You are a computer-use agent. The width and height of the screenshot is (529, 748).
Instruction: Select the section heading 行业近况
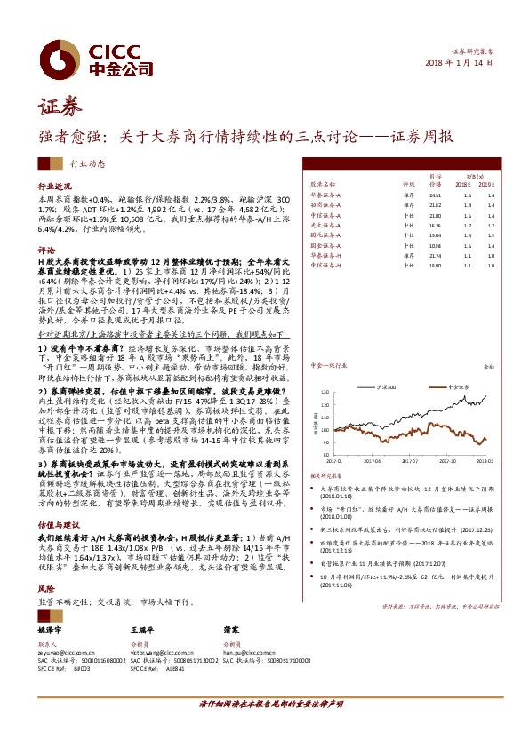pos(53,189)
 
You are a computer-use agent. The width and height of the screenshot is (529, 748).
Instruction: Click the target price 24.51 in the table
pos(435,195)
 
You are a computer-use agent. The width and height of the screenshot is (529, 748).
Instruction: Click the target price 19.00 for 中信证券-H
pos(435,264)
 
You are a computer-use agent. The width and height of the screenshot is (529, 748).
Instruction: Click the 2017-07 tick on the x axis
pos(411,461)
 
